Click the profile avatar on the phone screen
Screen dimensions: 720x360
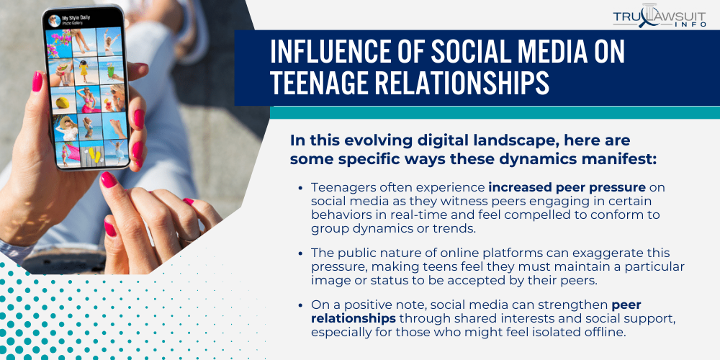[55, 21]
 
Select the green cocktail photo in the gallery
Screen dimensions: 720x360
[111, 69]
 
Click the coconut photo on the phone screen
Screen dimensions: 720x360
[62, 101]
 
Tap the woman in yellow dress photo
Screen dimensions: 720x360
[85, 71]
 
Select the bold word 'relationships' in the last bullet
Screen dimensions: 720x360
[354, 318]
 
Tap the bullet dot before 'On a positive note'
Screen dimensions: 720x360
[300, 305]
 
